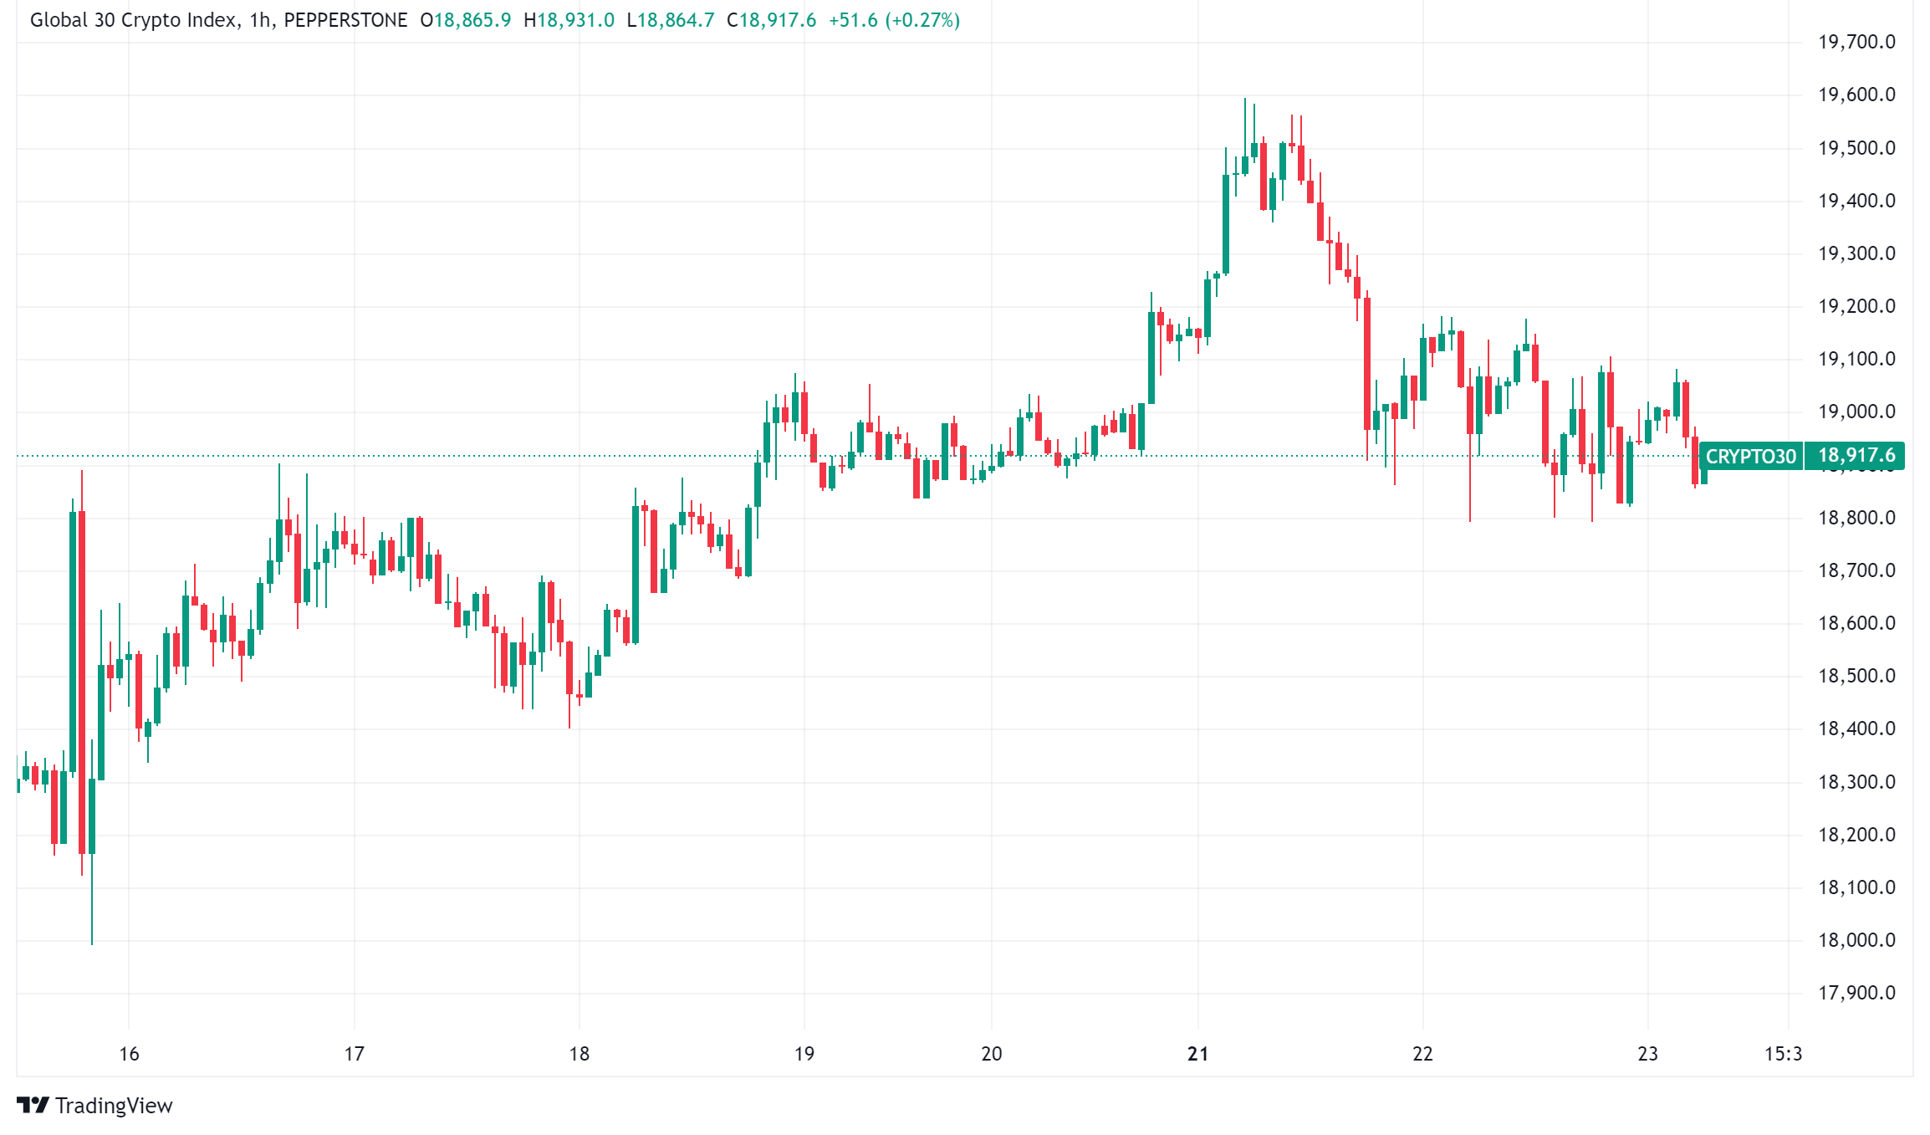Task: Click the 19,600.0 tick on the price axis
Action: point(1856,95)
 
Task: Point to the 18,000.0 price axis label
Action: point(1856,940)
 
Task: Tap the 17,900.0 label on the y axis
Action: point(1856,993)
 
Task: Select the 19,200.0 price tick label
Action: point(1856,306)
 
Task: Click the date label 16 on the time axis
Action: point(129,1054)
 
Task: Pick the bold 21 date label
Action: point(1197,1054)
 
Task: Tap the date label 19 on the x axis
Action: point(804,1054)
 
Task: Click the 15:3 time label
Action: point(1783,1054)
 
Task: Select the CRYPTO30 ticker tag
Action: point(1750,457)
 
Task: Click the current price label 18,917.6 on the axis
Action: point(1856,456)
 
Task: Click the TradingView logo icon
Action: point(33,1106)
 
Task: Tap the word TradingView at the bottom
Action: point(114,1106)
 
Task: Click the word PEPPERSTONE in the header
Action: point(345,20)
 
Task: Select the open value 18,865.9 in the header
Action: point(472,20)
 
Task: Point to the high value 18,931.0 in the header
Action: point(575,20)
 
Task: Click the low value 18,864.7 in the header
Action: point(676,20)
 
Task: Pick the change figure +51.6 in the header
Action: point(853,20)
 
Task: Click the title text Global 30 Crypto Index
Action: point(133,20)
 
